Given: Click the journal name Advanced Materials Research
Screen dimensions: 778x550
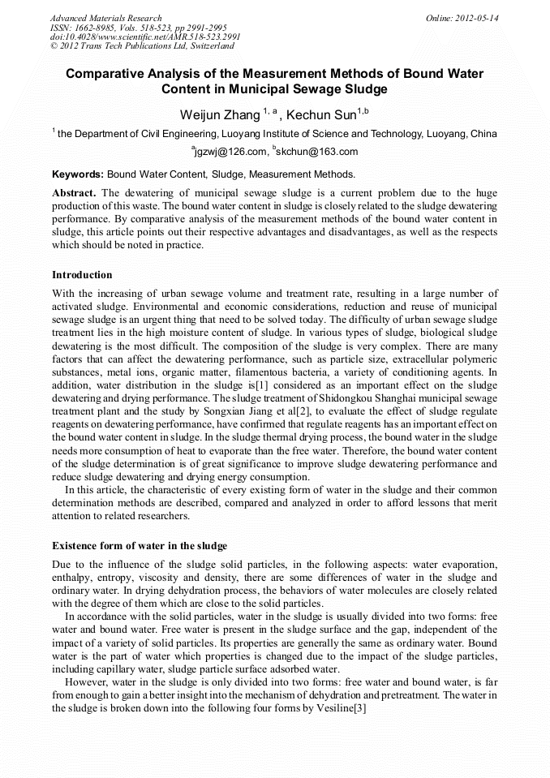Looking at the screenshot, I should (x=105, y=18).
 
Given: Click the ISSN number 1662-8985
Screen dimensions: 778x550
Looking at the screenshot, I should (x=91, y=28).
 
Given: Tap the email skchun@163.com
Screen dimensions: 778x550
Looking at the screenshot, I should (x=318, y=152).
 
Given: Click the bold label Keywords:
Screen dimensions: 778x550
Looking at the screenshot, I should (x=78, y=174).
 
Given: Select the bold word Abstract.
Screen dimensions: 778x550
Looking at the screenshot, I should (x=74, y=194).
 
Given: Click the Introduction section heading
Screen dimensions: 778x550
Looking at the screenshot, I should (x=82, y=275).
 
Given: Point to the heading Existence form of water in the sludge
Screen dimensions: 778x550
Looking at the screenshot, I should (x=140, y=545).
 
